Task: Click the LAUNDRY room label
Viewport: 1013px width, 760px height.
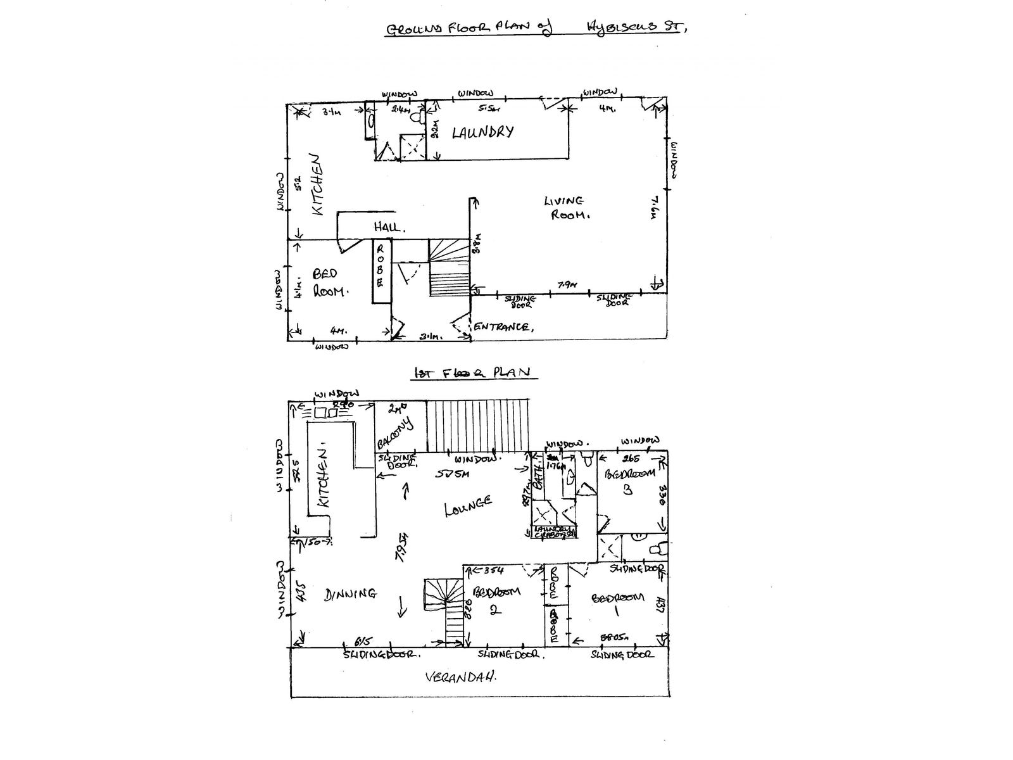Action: click(482, 132)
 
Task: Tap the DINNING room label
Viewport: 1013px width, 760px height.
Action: click(351, 594)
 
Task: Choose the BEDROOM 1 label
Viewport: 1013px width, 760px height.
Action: click(618, 604)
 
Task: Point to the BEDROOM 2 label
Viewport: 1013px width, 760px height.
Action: click(496, 598)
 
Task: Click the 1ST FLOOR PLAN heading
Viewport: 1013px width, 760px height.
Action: click(472, 372)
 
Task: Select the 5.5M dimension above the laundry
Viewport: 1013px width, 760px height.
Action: click(486, 108)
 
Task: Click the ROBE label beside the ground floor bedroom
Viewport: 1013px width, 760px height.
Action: click(380, 265)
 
